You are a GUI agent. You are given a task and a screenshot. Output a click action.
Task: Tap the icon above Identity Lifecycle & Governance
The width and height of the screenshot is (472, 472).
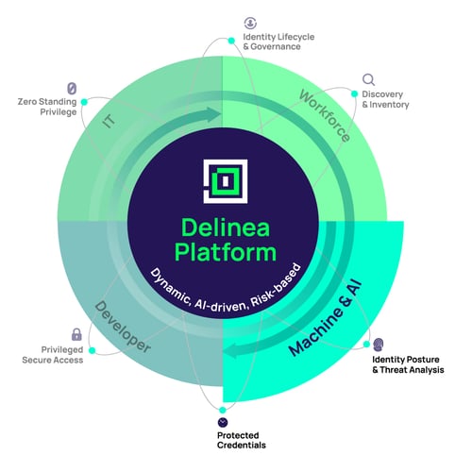tap(250, 22)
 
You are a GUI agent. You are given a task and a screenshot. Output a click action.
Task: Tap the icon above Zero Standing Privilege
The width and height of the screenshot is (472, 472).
tap(71, 88)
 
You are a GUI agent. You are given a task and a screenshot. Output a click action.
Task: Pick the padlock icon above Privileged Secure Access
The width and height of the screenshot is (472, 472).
tap(76, 334)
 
